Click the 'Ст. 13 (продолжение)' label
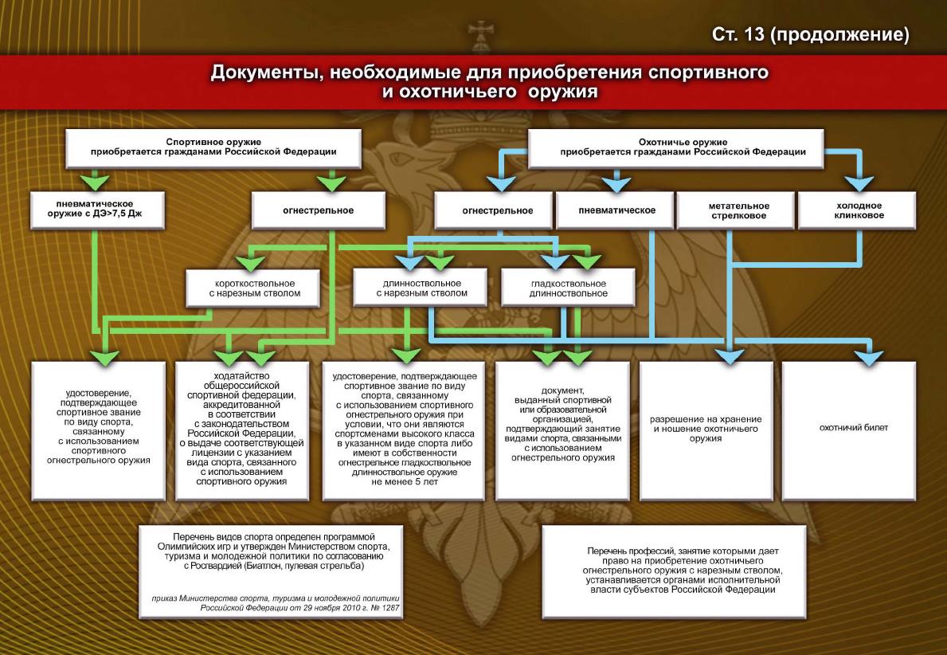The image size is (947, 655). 810,36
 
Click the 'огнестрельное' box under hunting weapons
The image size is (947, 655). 497,211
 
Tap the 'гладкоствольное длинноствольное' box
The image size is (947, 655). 567,288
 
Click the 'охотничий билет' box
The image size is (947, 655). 853,428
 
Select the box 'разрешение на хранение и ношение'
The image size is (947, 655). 706,428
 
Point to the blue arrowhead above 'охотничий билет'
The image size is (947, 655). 867,357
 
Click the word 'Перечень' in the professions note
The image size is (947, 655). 610,551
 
